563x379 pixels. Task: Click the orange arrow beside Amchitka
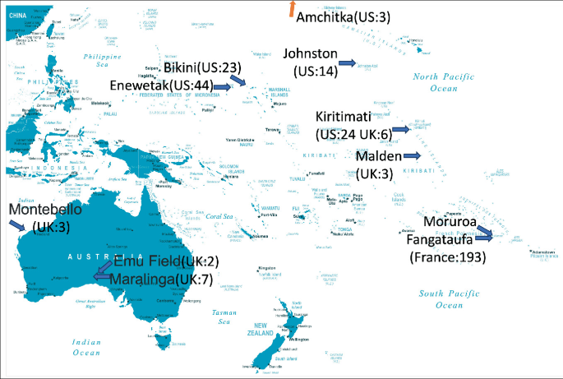tap(292, 9)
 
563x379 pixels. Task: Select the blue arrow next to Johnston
tap(347, 63)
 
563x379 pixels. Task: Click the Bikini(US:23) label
tap(201, 67)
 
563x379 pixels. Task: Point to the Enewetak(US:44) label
tap(161, 85)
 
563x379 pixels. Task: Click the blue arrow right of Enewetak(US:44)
tap(220, 86)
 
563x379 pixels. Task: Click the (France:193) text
tap(447, 257)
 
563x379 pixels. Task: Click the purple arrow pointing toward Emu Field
tap(103, 271)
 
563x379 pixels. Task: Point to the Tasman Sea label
tap(224, 317)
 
